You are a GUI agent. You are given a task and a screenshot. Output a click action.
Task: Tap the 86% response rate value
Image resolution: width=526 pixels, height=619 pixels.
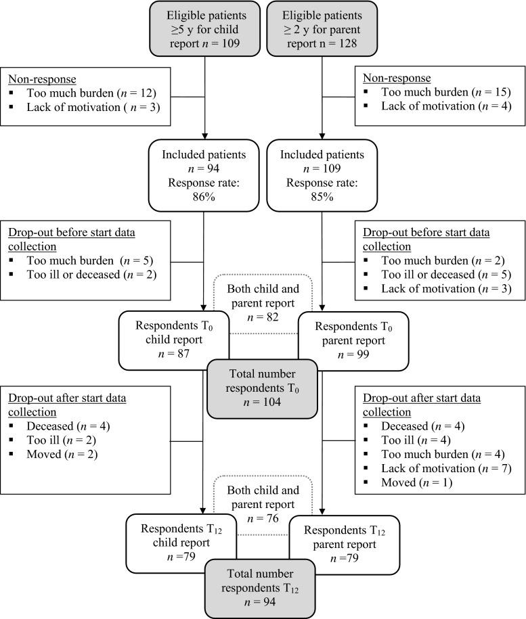(204, 198)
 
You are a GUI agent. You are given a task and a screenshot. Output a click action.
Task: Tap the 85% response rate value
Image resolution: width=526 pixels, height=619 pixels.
(322, 198)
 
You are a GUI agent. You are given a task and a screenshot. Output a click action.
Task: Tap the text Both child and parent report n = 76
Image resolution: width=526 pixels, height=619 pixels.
(263, 504)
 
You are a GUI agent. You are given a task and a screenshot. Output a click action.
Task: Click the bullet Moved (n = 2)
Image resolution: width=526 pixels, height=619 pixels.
(62, 455)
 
